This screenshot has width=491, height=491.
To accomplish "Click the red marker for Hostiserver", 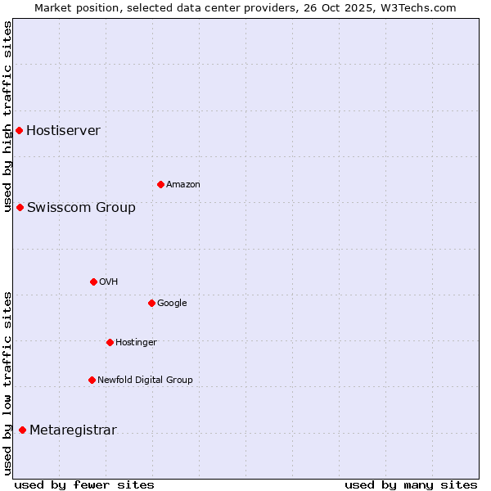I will pos(19,130).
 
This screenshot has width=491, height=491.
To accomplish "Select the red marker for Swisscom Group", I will pos(20,207).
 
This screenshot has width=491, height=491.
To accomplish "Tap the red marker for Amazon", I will pos(160,184).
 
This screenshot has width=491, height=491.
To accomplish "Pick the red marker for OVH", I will pos(93,282).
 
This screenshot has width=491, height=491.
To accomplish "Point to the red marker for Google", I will pos(151,303).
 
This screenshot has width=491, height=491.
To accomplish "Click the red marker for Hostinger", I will pos(110,342).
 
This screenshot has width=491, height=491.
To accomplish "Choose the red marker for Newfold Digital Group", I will pos(92,380).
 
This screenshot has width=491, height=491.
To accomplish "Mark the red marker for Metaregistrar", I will pos(22,430).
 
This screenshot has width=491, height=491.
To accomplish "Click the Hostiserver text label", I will pos(63,130).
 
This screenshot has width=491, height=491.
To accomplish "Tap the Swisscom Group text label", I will pos(81,207).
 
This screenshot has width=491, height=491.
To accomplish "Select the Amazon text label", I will pos(182,184).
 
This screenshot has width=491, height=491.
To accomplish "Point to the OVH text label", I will pos(109,282).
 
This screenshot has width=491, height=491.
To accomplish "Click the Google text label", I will pos(172,303).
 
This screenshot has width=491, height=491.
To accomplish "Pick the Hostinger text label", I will pos(136,342).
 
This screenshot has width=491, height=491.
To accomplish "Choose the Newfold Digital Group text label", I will pos(145,380).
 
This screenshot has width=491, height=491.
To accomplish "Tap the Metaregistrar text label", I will pos(73,430).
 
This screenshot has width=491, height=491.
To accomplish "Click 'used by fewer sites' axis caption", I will pos(84,484).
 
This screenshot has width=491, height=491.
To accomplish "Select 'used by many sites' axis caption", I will pos(411,484).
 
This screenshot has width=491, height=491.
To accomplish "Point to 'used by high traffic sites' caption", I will pos(7,116).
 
